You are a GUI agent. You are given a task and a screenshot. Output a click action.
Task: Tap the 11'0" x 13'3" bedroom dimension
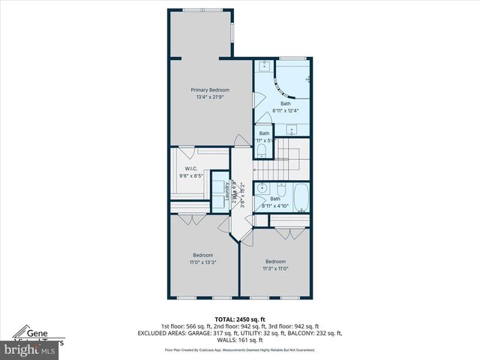(202, 262)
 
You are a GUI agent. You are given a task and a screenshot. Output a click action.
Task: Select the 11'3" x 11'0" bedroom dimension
(276, 268)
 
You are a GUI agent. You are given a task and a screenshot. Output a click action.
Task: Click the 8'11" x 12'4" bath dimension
(285, 111)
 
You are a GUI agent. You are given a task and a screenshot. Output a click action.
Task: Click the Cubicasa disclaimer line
(240, 349)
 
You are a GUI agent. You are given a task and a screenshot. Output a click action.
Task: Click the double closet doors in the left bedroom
(187, 219)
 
